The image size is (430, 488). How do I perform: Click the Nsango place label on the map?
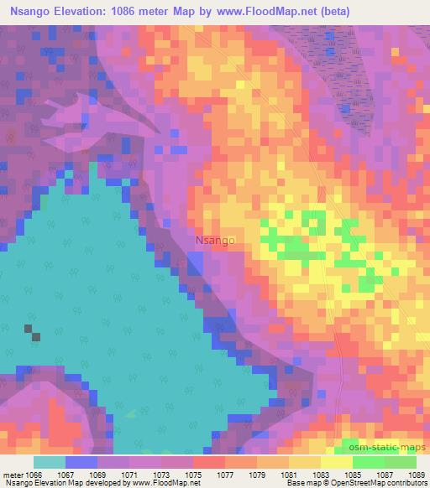click(x=215, y=240)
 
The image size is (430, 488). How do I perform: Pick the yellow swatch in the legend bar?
click(x=336, y=462)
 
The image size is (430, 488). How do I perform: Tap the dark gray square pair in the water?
click(x=31, y=332)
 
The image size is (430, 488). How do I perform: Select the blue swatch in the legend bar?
click(x=81, y=462)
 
